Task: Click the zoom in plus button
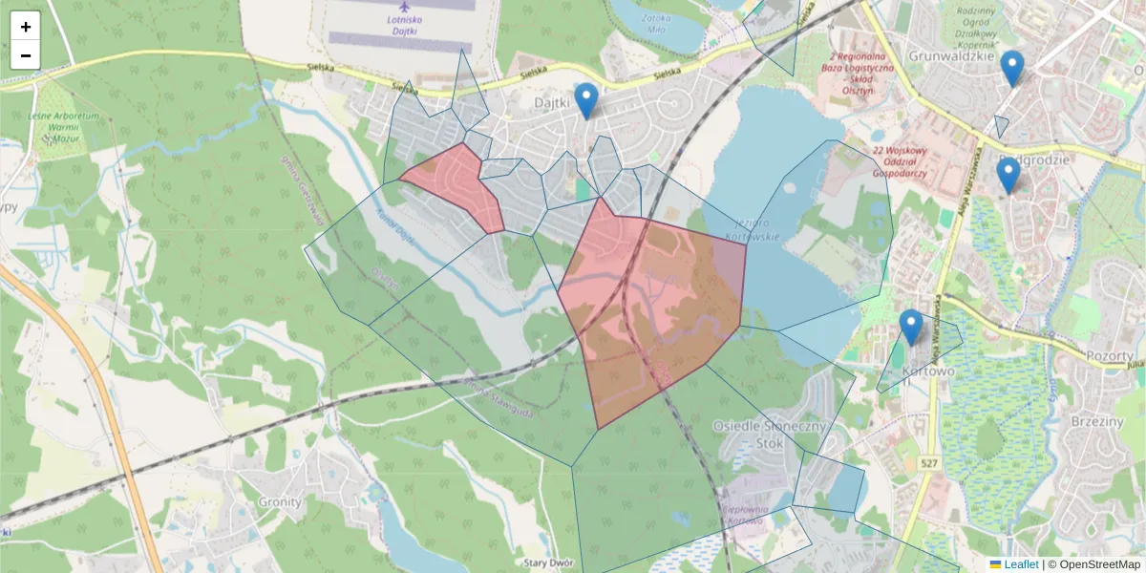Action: click(26, 27)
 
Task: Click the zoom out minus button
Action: click(26, 55)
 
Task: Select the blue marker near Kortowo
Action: click(911, 328)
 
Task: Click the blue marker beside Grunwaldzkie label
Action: click(1012, 68)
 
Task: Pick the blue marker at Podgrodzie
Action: click(1008, 176)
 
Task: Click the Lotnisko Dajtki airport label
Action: click(405, 27)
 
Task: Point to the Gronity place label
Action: click(280, 501)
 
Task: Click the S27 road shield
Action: click(930, 463)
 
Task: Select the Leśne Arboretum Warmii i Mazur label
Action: click(64, 124)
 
